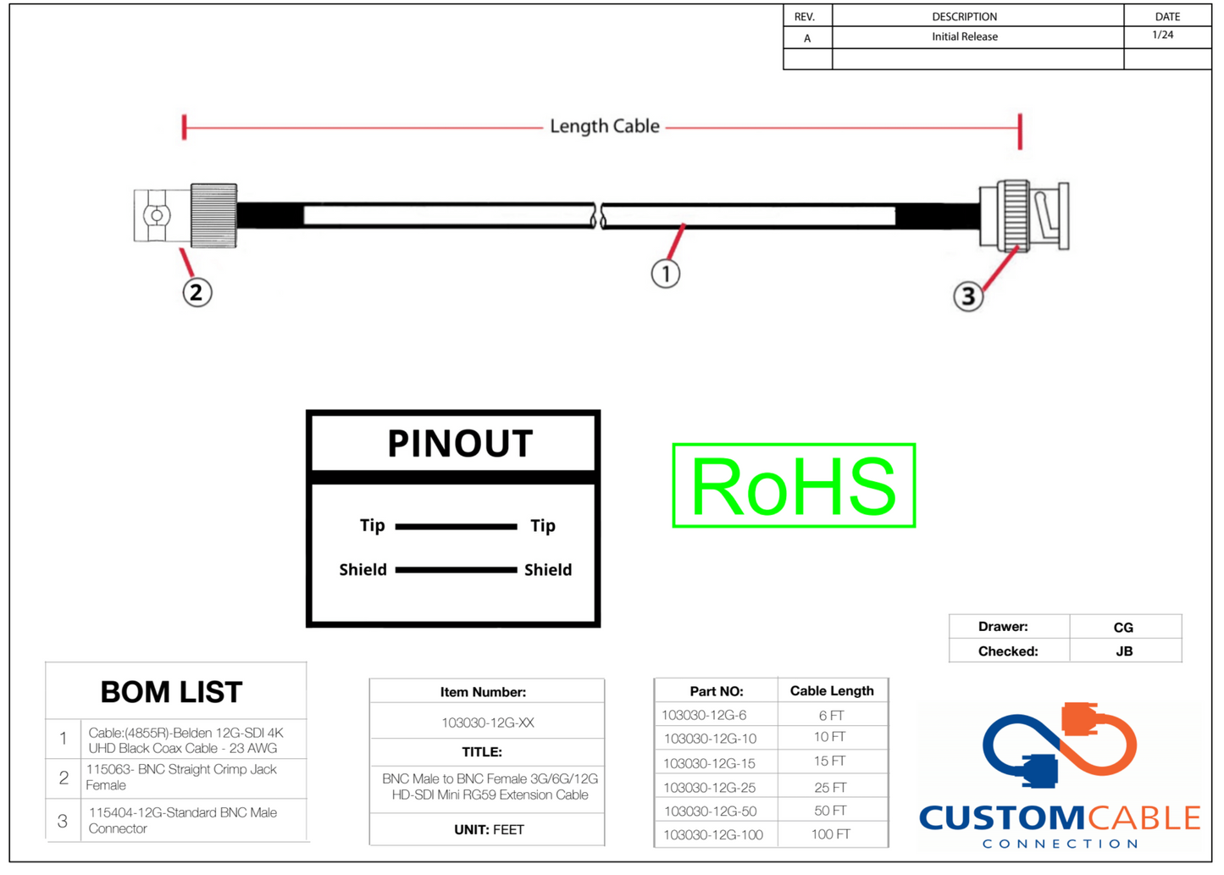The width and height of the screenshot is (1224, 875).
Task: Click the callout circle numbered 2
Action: (197, 292)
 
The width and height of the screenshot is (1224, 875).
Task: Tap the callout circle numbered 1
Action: (666, 274)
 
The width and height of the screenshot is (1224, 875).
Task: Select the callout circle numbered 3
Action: (968, 296)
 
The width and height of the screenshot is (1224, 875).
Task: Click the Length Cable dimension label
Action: (604, 126)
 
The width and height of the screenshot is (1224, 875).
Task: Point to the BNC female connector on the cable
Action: (186, 215)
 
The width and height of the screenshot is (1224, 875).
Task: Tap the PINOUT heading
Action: (460, 443)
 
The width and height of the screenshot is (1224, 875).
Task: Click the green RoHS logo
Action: (794, 485)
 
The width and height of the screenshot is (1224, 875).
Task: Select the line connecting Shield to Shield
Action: (456, 570)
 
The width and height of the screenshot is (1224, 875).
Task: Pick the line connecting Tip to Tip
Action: (456, 527)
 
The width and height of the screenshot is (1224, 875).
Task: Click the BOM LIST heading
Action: (171, 692)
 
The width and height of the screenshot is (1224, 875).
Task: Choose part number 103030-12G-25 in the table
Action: (710, 787)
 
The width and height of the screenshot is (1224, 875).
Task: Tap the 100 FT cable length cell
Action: (830, 834)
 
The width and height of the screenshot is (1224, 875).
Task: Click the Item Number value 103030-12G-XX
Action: (487, 723)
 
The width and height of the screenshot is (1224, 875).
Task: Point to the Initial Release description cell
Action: (965, 36)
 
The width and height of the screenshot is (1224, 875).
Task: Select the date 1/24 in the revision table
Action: (1163, 35)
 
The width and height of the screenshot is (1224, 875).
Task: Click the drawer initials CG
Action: (1123, 628)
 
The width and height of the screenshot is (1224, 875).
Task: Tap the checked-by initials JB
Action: (1124, 651)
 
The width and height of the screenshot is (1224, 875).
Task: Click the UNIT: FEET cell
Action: (489, 829)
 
